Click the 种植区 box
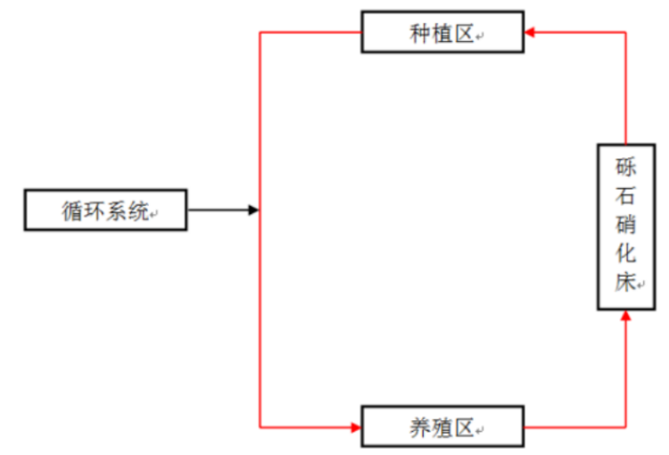pos(442,32)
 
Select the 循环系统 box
pos(105,210)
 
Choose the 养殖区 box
pos(442,426)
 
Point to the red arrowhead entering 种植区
pos(530,32)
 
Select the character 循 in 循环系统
pos(73,211)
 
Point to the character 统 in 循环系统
pos(137,211)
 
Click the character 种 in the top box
pos(421,33)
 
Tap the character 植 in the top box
pos(442,33)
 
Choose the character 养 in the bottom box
pos(421,426)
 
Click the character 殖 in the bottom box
pos(442,426)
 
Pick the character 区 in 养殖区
pos(464,426)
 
